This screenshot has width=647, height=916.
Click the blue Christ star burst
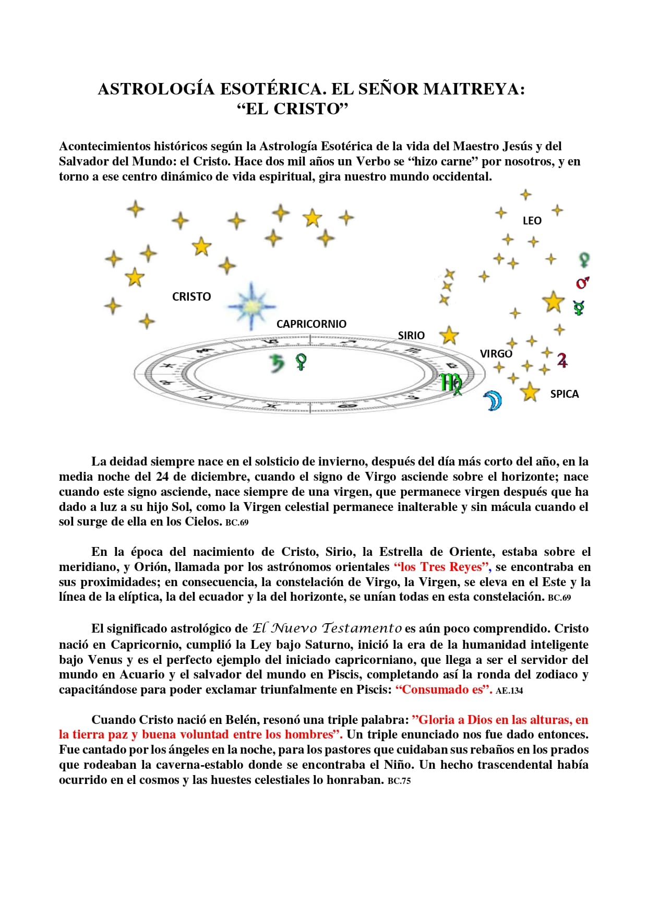click(x=251, y=306)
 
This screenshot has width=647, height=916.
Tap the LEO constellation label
click(x=532, y=221)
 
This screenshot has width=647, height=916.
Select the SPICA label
click(x=564, y=394)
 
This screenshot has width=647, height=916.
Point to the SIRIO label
click(x=411, y=336)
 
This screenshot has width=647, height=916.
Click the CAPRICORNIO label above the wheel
click(x=311, y=324)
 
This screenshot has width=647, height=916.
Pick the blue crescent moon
click(x=492, y=400)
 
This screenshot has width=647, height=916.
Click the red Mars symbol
click(x=582, y=283)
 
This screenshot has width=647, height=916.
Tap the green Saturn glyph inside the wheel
click(x=277, y=363)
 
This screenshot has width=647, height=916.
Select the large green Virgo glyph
click(x=451, y=384)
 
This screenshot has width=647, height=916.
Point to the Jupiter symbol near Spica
click(x=562, y=360)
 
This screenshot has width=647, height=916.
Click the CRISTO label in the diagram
click(x=191, y=297)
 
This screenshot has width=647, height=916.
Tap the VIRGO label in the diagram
click(x=496, y=354)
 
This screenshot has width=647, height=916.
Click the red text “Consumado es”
click(x=444, y=689)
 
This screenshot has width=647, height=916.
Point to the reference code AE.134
click(x=509, y=691)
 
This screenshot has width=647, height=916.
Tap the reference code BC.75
click(x=399, y=781)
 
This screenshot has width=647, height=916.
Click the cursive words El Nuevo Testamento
click(x=327, y=628)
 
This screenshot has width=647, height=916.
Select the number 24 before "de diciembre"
click(x=162, y=477)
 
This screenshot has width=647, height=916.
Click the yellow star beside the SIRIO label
click(x=449, y=336)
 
